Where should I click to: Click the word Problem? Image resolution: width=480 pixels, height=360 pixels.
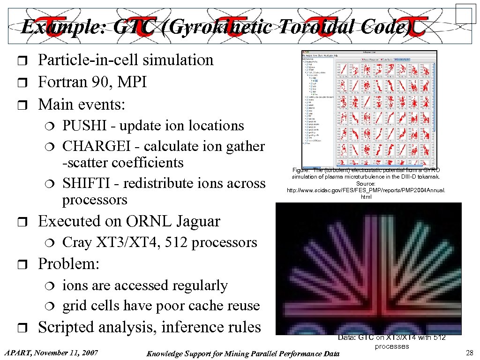click(x=69, y=264)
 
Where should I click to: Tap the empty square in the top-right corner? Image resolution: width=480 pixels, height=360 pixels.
click(x=465, y=13)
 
